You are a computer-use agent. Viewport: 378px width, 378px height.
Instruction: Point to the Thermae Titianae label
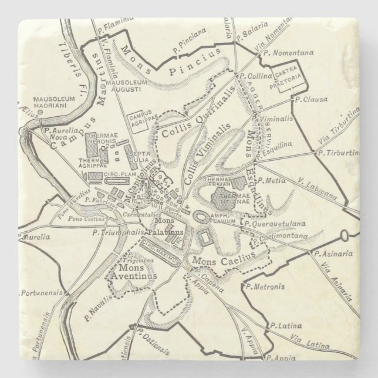pos(237,198)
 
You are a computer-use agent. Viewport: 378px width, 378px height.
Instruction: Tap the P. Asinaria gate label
pos(332,254)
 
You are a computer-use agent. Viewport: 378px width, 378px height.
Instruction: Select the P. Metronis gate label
pos(266,287)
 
